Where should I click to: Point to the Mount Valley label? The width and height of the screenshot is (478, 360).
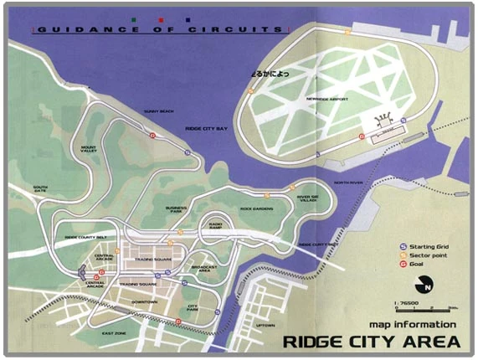click(90, 150)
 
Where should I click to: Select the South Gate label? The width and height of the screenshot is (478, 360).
click(40, 189)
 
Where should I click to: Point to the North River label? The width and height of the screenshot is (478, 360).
click(348, 182)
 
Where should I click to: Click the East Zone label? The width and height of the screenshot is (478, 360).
click(114, 334)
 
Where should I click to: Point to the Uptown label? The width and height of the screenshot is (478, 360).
click(265, 326)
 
